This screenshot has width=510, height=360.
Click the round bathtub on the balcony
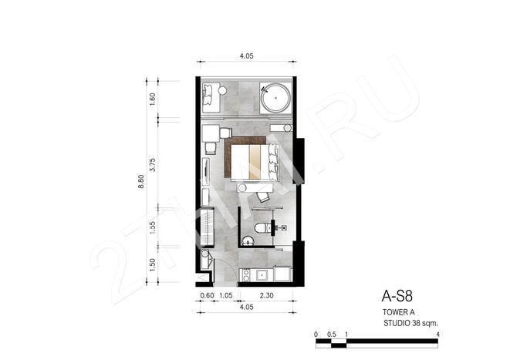275,97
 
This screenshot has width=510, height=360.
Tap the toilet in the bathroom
262,227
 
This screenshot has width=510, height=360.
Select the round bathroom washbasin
248,241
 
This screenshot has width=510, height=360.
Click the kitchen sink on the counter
262,275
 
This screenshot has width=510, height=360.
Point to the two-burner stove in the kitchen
246,275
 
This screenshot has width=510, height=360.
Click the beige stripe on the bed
255,162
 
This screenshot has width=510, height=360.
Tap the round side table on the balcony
223,91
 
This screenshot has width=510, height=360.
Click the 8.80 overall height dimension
141,182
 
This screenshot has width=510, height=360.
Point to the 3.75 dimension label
152,165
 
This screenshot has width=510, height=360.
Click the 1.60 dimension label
152,99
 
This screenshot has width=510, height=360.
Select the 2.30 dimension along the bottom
266,295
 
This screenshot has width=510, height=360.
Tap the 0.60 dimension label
207,295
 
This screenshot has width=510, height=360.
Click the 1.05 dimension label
226,295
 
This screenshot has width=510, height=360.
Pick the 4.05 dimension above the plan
247,56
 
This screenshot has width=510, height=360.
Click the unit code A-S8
397,296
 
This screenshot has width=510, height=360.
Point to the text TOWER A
398,312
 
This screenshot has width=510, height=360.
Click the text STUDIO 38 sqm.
410,323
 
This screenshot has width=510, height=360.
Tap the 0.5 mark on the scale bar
332,335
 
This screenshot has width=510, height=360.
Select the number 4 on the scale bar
437,335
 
